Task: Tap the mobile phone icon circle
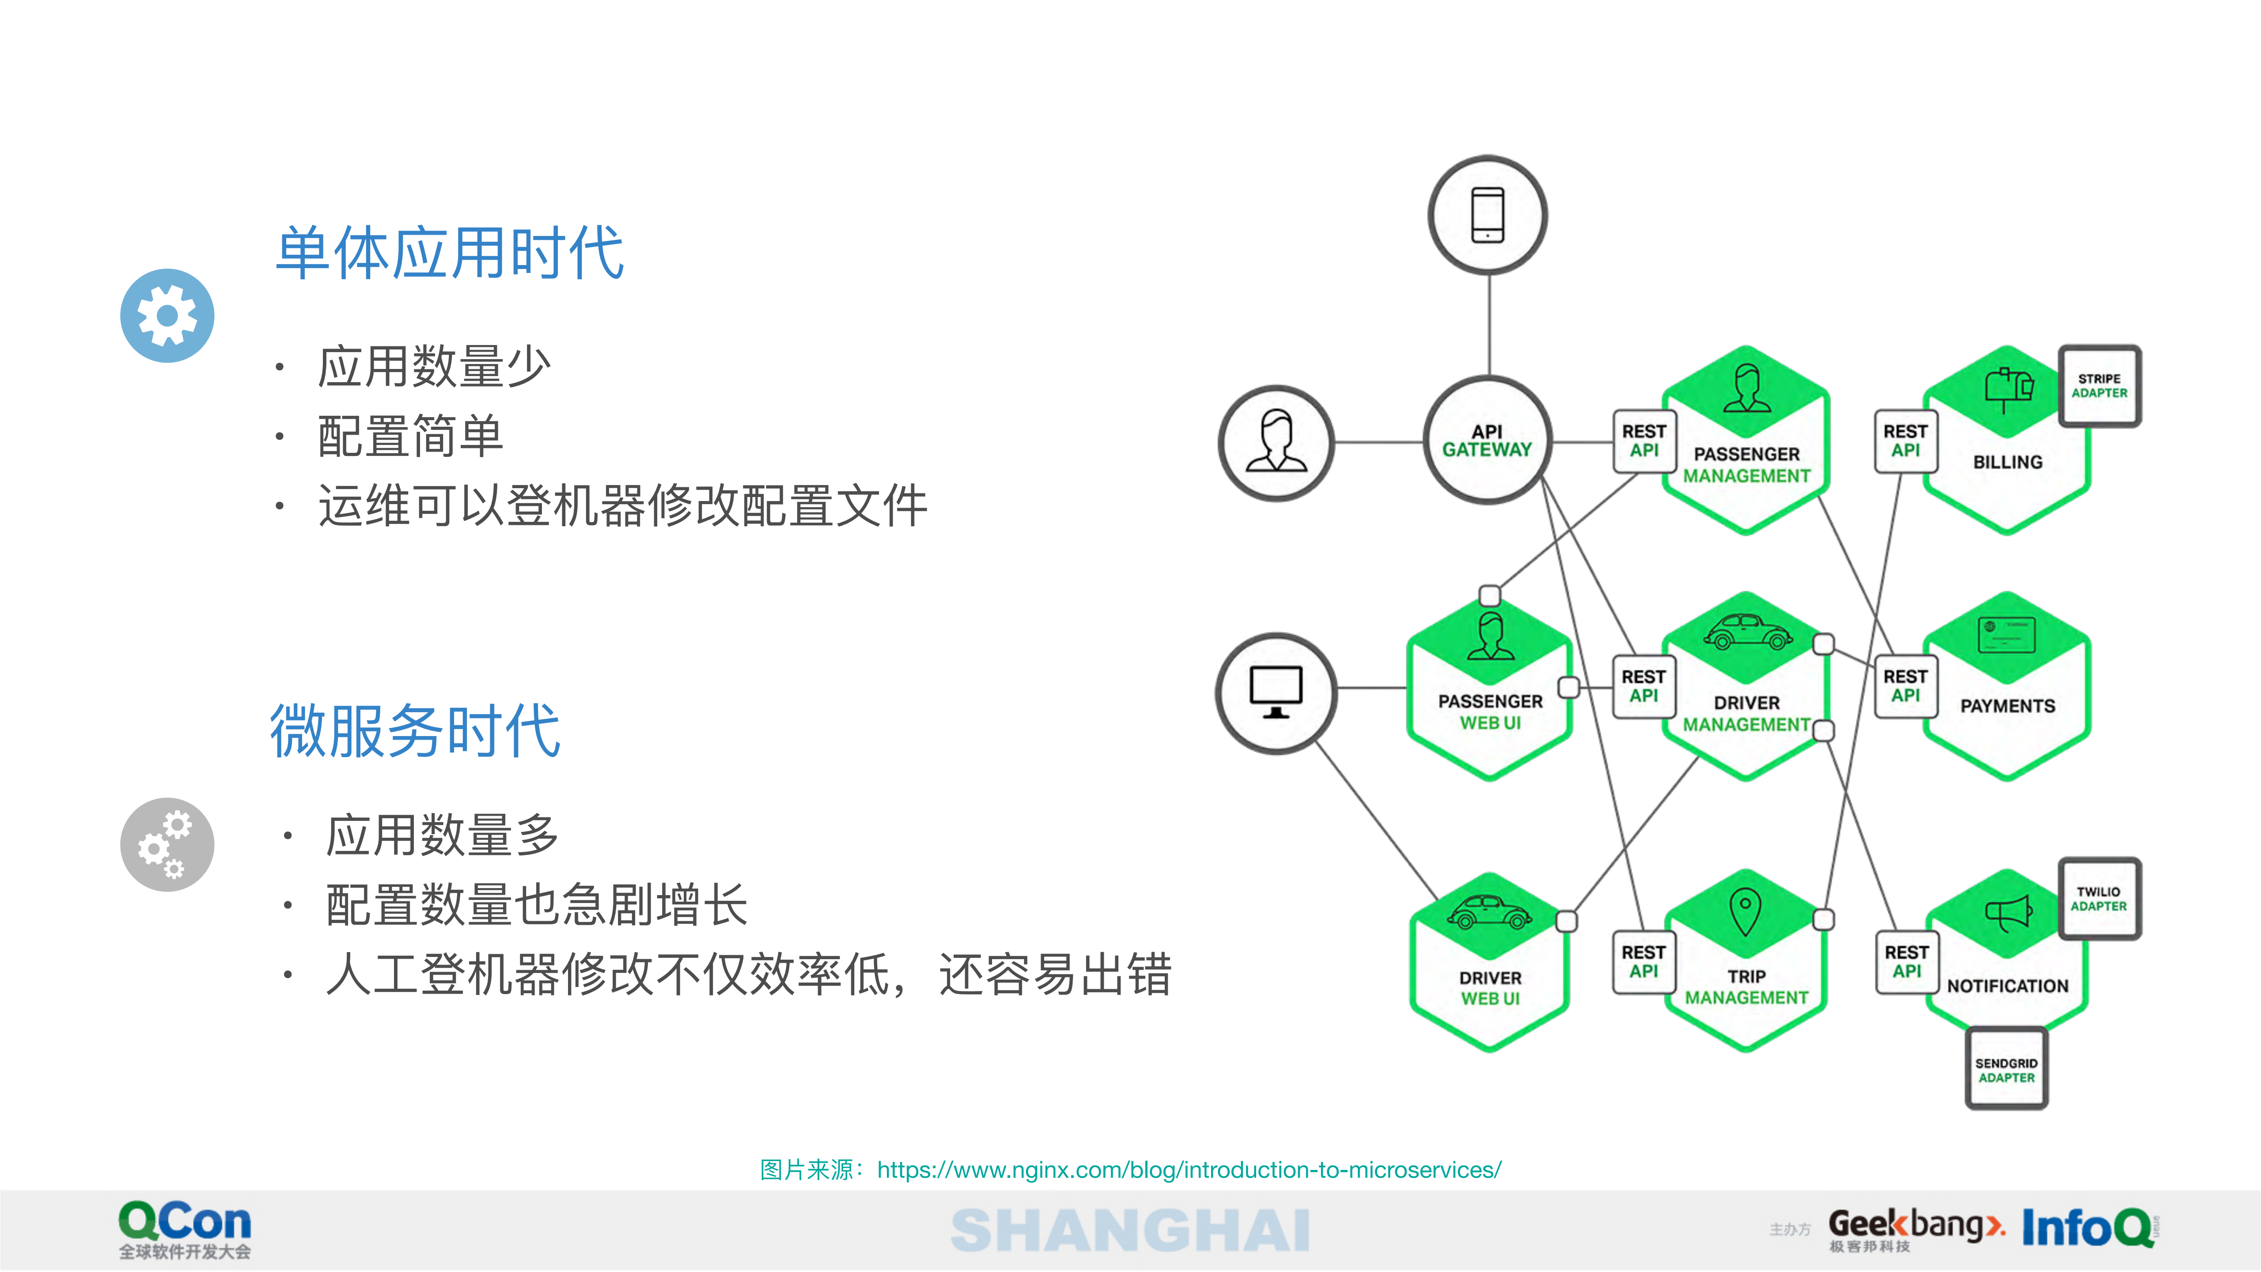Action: pyautogui.click(x=1488, y=215)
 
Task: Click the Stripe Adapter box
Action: pyautogui.click(x=2099, y=386)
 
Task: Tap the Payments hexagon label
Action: pyautogui.click(x=2007, y=706)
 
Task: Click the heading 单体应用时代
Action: pyautogui.click(x=449, y=253)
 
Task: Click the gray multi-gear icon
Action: pyautogui.click(x=167, y=844)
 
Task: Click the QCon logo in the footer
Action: pyautogui.click(x=185, y=1229)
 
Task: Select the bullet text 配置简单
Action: pyautogui.click(x=410, y=436)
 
